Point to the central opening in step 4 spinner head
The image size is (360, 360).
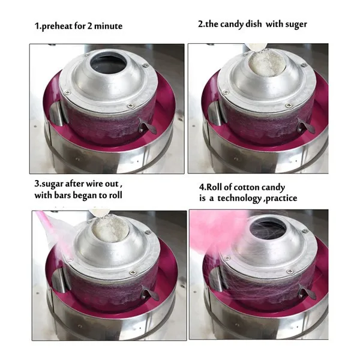pos(268,227)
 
